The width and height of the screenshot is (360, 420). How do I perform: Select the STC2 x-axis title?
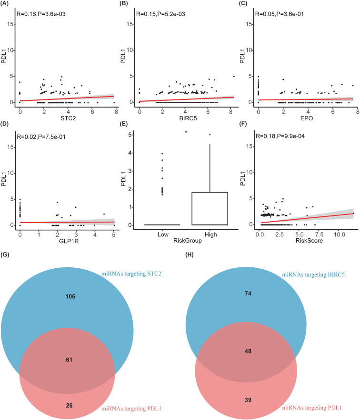coord(67,117)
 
